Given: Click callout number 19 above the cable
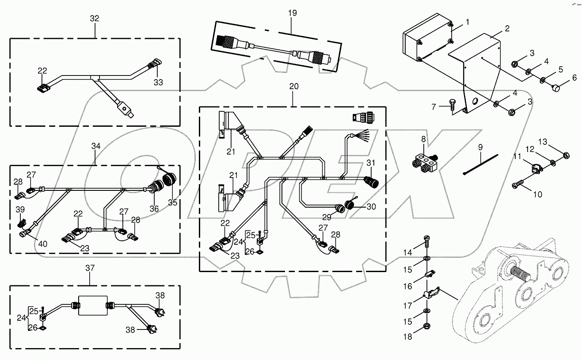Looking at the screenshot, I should (x=293, y=13).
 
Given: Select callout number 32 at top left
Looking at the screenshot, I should (x=95, y=19).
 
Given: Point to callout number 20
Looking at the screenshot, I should (x=294, y=87).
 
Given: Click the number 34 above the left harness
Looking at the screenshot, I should (x=96, y=146).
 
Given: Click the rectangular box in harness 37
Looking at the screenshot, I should (x=93, y=305).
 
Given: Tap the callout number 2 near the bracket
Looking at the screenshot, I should (x=507, y=29).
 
